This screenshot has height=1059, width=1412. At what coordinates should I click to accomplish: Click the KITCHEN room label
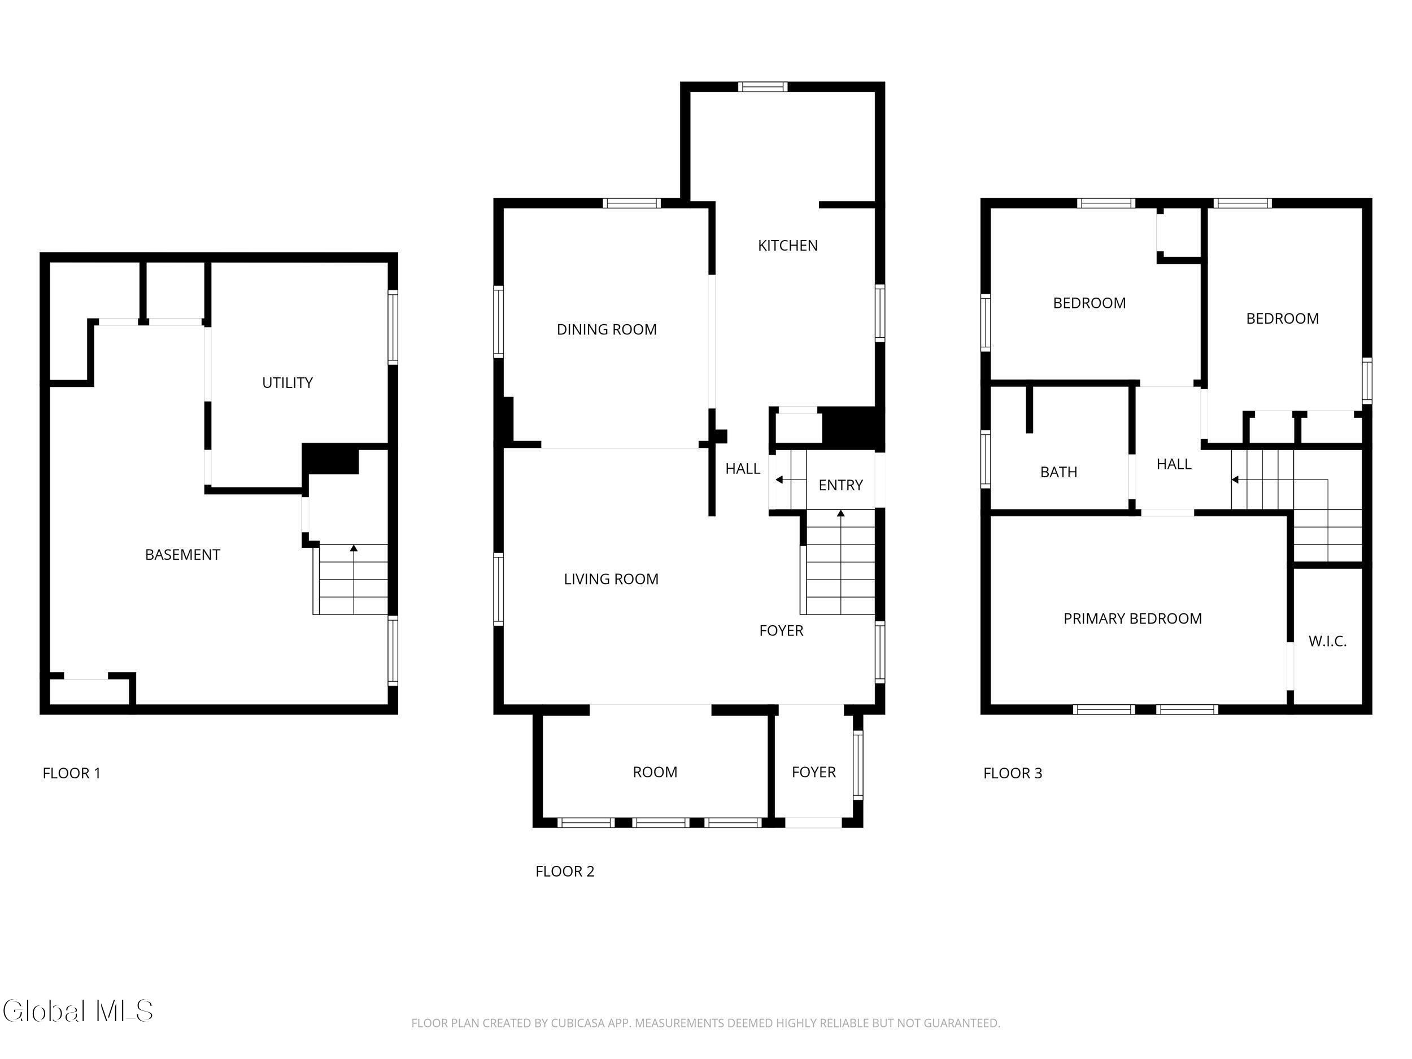pos(787,246)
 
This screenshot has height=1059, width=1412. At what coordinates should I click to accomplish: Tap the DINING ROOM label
pos(607,329)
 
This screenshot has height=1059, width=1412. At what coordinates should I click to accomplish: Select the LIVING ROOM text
pos(611,579)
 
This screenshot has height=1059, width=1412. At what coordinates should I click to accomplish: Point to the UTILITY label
pos(287,382)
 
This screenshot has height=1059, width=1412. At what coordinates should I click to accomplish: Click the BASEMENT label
pos(182,555)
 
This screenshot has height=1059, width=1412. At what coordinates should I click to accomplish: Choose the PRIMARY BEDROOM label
pos(1132,618)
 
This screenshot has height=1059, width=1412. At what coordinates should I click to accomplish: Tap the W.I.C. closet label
pos(1327,642)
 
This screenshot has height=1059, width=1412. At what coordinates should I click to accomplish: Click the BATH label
pos(1058,472)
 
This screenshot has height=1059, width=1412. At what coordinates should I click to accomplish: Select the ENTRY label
pos(840,485)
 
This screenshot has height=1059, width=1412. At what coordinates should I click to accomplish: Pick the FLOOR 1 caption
pos(72,773)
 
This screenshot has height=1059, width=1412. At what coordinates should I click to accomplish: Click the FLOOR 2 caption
pos(564,871)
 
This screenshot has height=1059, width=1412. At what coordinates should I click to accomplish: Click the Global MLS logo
pos(78,1011)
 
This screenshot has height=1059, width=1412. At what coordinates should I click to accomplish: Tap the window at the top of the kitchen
pos(763,87)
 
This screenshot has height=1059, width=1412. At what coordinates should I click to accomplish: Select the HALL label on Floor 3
pos(1173,464)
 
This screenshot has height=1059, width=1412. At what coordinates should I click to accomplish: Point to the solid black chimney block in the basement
pos(330,458)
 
